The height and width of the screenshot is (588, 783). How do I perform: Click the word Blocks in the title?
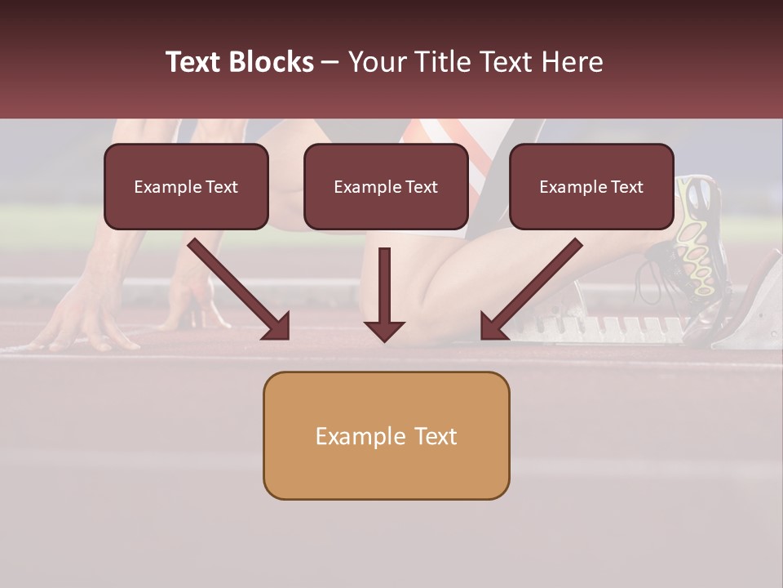(x=271, y=62)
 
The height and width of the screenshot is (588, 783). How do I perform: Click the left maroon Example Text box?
(x=186, y=186)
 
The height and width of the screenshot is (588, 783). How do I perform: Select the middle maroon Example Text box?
(x=386, y=186)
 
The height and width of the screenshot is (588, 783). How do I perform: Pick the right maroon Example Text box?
(x=591, y=186)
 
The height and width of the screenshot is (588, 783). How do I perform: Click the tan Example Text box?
(x=386, y=435)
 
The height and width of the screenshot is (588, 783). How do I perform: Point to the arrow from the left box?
(x=237, y=287)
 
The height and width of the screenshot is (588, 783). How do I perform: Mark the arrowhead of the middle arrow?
(x=384, y=329)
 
